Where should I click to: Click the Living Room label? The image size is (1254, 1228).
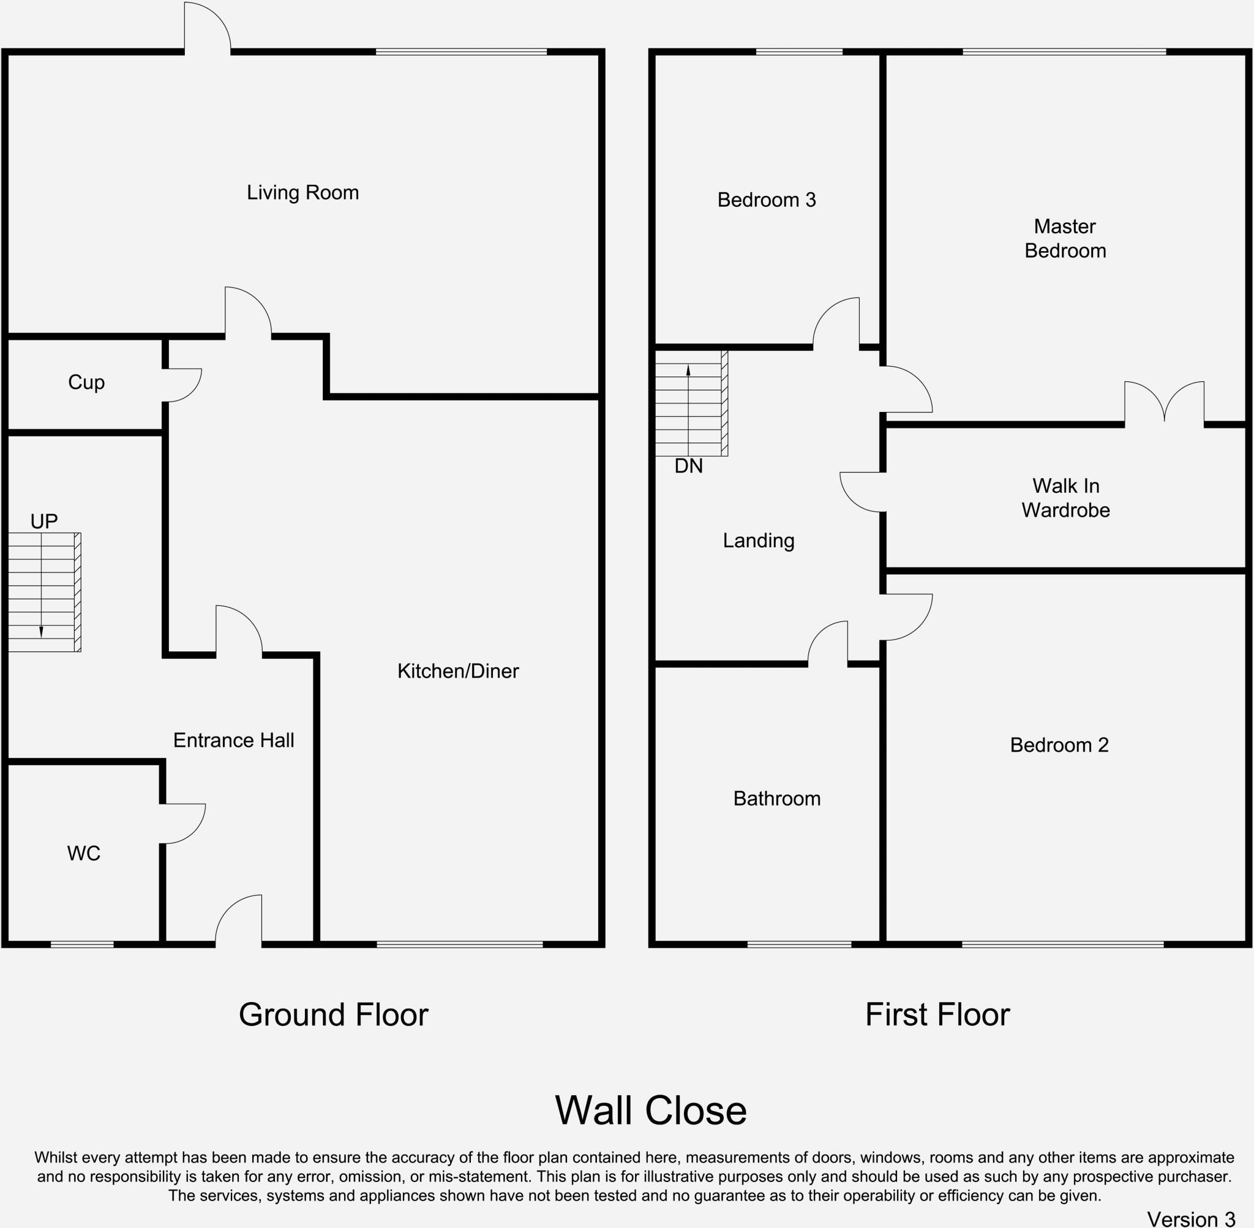pos(302,193)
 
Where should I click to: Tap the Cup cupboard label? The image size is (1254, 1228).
pos(86,383)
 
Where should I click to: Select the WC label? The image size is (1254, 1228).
pos(84,853)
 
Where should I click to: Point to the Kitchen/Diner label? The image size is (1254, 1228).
pos(458,672)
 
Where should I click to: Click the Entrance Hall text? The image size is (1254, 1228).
pos(233,741)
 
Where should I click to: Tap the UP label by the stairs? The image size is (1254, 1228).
pos(44,521)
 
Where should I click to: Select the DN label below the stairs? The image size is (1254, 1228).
pos(688,466)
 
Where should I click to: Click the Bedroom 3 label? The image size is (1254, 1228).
pos(767,200)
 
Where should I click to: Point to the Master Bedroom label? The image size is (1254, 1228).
pos(1065,239)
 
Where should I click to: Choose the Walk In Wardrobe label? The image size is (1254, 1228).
pos(1065,498)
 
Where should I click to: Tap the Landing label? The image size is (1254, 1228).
pos(758,541)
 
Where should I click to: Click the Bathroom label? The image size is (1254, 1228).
pos(776,799)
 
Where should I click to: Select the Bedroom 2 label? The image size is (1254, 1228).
pos(1059,746)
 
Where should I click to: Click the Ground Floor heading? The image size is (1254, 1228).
pos(333,1014)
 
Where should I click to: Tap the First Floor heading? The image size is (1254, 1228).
pos(937,1014)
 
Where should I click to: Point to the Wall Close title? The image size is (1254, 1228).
pos(650,1110)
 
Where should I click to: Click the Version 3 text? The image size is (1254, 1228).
pos(1191,1219)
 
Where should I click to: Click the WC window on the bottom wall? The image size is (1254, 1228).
pos(82,945)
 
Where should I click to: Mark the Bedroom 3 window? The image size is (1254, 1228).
pos(798,52)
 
